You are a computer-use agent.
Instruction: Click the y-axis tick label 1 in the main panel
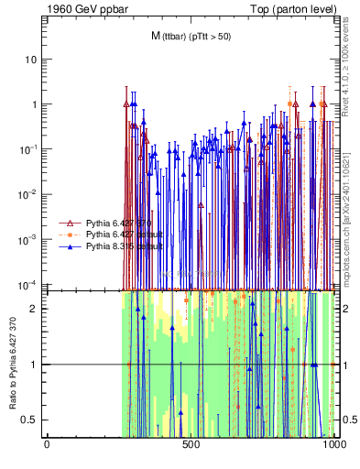[33, 104]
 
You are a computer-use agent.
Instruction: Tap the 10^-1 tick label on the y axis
[28, 148]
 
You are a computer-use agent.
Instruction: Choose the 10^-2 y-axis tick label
[28, 193]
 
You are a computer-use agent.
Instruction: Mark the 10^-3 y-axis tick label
[28, 238]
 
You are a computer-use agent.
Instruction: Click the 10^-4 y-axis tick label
[28, 283]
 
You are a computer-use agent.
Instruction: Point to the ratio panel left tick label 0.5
[30, 420]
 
